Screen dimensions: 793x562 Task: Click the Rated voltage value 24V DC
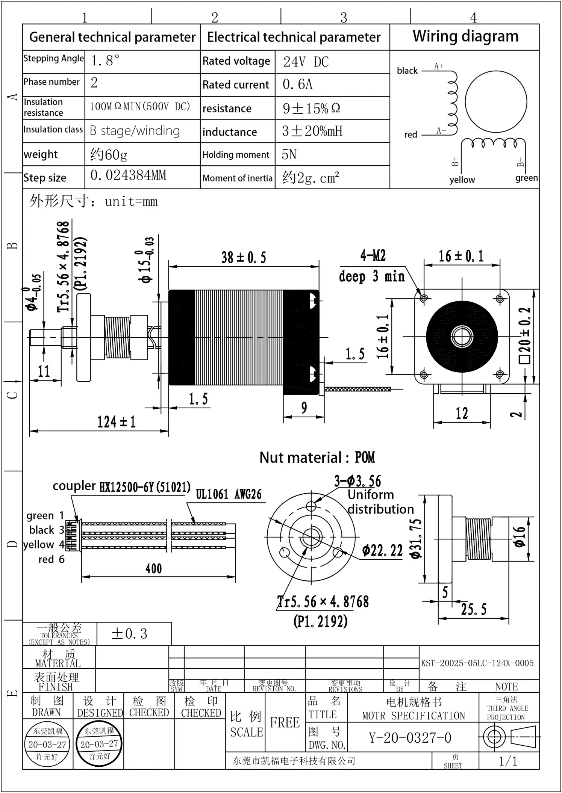pyautogui.click(x=306, y=62)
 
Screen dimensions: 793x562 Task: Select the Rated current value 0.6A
pyautogui.click(x=297, y=85)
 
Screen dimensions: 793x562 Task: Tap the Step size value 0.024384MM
pyautogui.click(x=128, y=175)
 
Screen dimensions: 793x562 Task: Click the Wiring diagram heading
pyautogui.click(x=465, y=36)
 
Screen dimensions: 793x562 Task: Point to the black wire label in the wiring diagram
pyautogui.click(x=407, y=71)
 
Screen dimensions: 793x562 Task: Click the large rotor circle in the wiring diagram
pyautogui.click(x=496, y=102)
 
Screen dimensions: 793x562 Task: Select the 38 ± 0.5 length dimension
pyautogui.click(x=244, y=258)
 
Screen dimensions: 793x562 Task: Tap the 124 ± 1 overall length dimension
pyautogui.click(x=116, y=422)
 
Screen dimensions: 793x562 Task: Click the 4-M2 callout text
pyautogui.click(x=373, y=256)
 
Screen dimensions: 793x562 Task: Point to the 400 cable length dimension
pyautogui.click(x=153, y=568)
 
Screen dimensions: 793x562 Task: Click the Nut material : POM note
pyautogui.click(x=317, y=458)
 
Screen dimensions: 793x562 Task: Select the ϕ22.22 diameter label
pyautogui.click(x=382, y=551)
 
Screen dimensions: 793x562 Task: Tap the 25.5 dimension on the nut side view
pyautogui.click(x=474, y=609)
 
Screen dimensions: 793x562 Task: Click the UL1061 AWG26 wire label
pyautogui.click(x=229, y=494)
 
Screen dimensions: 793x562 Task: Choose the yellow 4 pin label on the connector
pyautogui.click(x=44, y=544)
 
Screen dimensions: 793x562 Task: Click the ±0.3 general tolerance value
pyautogui.click(x=129, y=634)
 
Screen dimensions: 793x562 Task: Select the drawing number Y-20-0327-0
pyautogui.click(x=410, y=738)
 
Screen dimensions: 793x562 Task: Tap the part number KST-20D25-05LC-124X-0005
pyautogui.click(x=477, y=663)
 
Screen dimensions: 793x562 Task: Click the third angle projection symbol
pyautogui.click(x=509, y=737)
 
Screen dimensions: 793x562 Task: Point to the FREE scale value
pyautogui.click(x=285, y=722)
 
